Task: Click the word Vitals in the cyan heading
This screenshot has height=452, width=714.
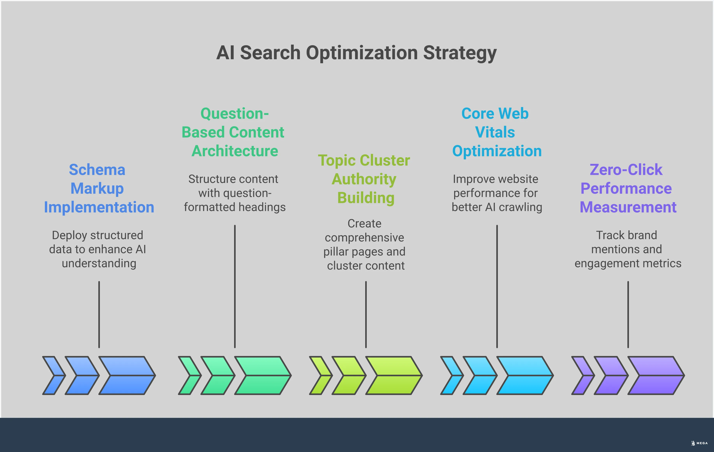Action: tap(495, 132)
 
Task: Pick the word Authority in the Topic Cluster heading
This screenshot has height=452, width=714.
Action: tap(364, 179)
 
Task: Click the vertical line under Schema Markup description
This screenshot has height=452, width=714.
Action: tap(99, 314)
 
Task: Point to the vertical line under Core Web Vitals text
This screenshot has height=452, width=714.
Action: tap(497, 286)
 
